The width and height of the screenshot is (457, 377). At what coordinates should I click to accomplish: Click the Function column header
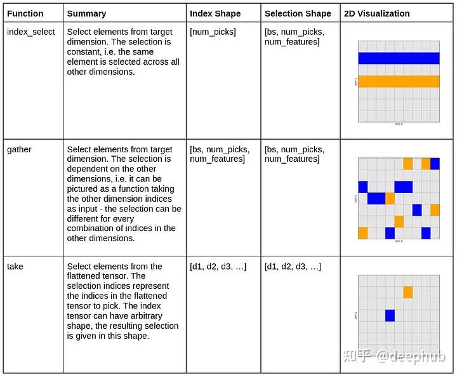25,13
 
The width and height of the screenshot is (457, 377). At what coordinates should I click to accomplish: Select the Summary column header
87,13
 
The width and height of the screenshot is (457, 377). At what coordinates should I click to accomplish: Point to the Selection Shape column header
298,13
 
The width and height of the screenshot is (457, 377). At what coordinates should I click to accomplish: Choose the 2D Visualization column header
376,13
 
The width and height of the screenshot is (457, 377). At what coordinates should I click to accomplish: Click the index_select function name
31,32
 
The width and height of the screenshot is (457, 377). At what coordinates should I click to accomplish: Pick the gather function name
19,149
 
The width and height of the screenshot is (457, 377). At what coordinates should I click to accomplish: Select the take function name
15,267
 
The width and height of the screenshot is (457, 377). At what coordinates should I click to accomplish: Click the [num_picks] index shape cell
213,32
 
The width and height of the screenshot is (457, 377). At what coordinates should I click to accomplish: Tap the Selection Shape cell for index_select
294,37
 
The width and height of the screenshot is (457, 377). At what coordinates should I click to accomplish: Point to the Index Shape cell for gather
220,154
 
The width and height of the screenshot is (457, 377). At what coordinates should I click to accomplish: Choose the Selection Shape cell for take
293,267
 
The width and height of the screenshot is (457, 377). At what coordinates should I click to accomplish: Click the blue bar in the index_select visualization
399,58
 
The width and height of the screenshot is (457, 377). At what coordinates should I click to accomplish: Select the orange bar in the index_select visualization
399,81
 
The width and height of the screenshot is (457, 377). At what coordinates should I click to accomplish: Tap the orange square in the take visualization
408,292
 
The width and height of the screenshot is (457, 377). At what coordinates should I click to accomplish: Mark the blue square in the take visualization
390,315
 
